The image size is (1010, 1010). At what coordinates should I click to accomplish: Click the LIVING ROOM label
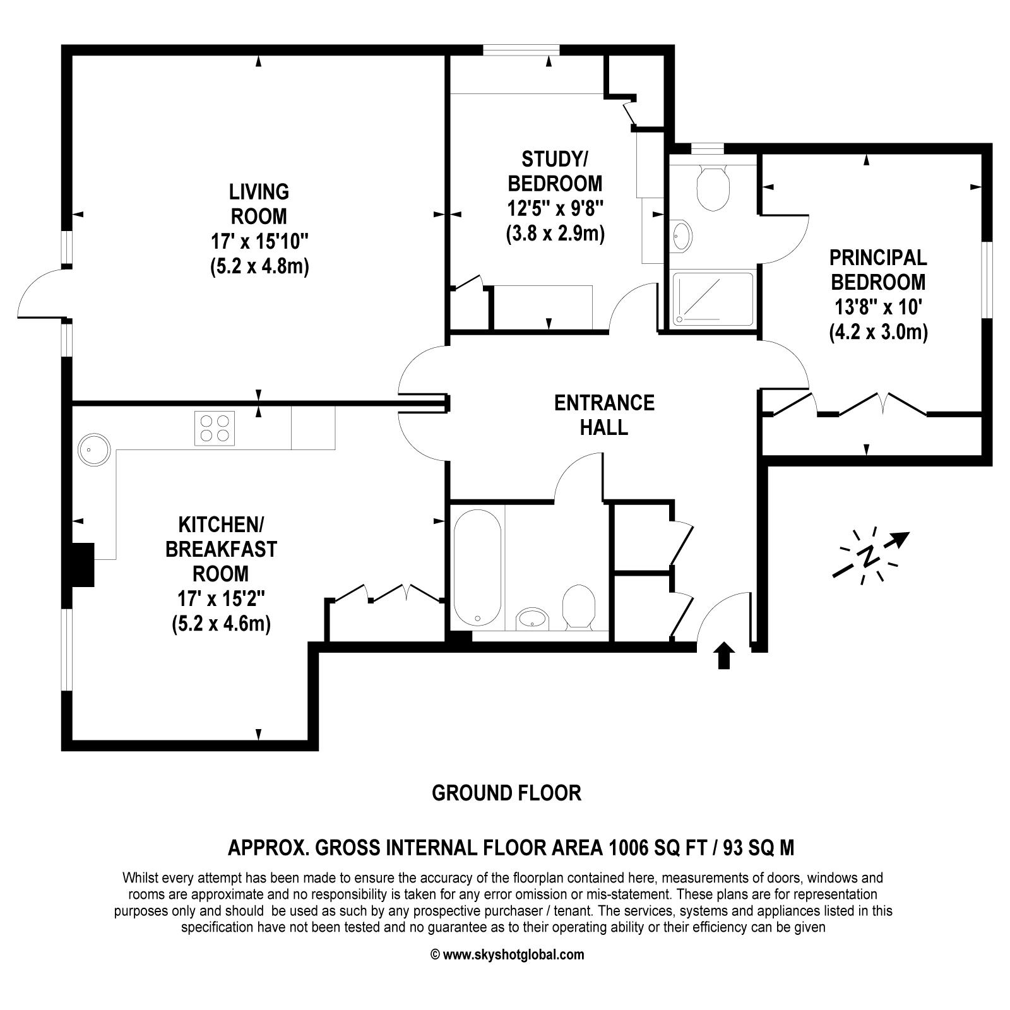tap(259, 203)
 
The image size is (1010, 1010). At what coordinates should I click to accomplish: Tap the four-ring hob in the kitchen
tap(214, 429)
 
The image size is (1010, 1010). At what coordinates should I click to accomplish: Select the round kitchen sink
tap(94, 449)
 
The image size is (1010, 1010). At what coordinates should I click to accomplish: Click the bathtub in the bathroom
tap(477, 567)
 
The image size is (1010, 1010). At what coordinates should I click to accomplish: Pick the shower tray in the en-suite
tap(713, 299)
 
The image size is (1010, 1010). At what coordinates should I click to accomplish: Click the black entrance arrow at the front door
tap(725, 655)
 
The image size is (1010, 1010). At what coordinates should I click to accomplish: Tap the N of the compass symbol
tap(869, 555)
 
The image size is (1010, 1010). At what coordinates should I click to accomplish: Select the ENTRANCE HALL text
tap(604, 415)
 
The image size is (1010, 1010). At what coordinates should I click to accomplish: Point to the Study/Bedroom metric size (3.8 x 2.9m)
tap(555, 234)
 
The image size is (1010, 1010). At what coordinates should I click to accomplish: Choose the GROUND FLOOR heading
tap(506, 793)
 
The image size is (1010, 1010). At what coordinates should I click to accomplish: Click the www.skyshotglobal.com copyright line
tap(507, 954)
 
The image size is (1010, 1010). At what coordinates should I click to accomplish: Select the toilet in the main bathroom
tap(578, 606)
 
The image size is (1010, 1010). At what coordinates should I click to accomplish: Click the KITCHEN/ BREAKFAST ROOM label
tap(221, 549)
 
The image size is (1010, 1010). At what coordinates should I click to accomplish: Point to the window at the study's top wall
tap(521, 50)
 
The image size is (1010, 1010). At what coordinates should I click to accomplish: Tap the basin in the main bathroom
tap(533, 619)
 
